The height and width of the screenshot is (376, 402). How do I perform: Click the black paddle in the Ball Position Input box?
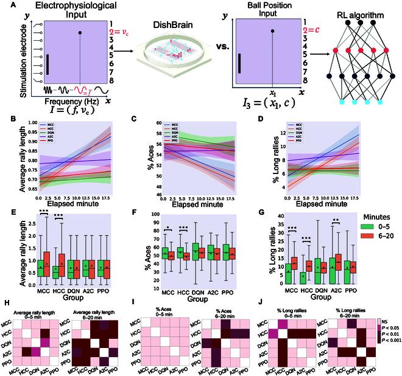coord(239,63)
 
